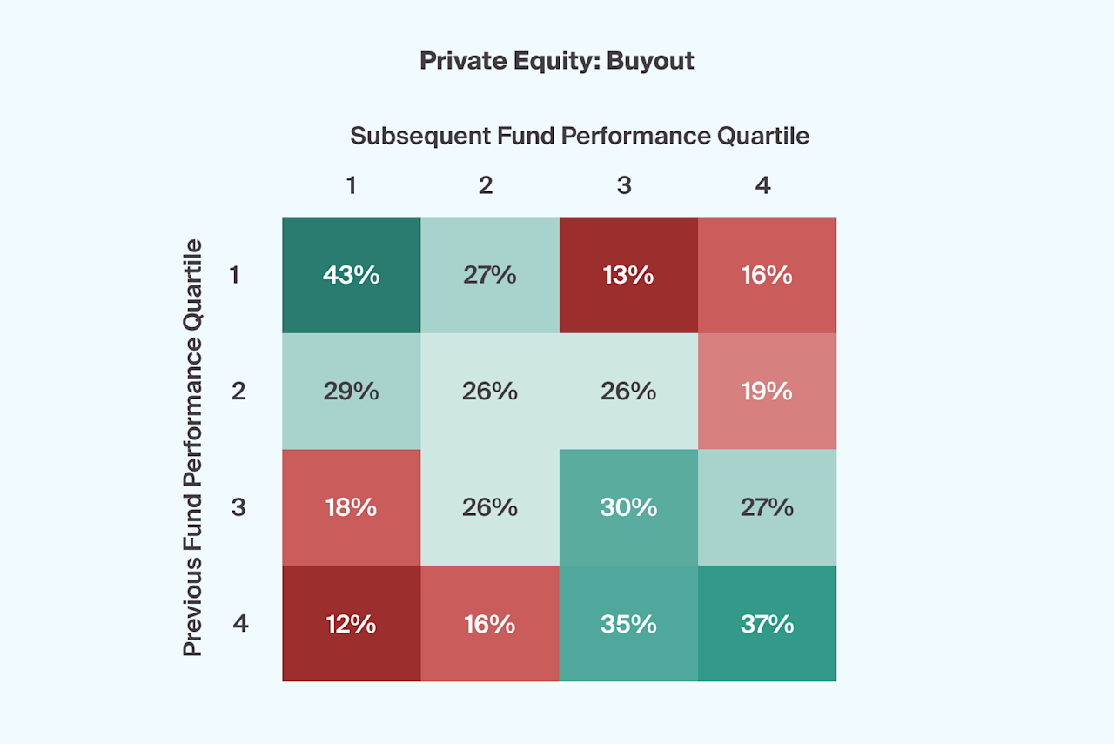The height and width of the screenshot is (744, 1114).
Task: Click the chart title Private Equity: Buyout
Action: pos(557,61)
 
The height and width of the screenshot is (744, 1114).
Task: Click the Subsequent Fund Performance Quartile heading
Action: pos(580,136)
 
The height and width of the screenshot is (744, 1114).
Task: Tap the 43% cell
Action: pos(351,275)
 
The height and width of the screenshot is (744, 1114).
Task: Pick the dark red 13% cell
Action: pos(627,275)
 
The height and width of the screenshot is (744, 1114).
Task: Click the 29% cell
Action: pos(351,391)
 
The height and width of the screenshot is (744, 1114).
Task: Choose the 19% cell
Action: pos(766,391)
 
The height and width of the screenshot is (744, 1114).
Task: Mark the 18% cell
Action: pos(351,507)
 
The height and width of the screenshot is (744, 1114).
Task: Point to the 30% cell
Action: pos(627,507)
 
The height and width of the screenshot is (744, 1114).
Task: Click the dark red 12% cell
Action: pos(351,624)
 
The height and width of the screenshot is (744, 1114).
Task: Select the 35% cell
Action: pos(627,624)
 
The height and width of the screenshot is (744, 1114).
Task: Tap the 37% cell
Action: pos(766,624)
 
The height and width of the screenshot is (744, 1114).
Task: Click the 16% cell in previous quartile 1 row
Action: pos(766,275)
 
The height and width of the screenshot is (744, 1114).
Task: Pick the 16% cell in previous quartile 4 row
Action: pos(489,624)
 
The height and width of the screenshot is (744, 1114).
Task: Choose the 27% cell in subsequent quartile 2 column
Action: pos(489,275)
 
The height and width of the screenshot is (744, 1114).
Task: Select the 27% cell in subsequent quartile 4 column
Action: pos(766,507)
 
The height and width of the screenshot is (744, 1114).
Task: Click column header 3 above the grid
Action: pos(624,185)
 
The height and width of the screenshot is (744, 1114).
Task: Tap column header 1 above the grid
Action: pos(352,185)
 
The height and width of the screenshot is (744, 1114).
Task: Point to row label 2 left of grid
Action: pos(238,391)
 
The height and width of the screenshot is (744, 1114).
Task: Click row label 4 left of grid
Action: pos(240,624)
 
